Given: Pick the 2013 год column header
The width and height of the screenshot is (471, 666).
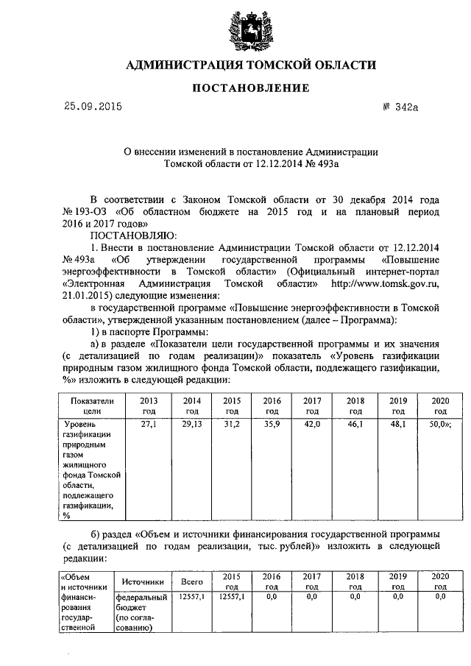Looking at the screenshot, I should [x=149, y=405].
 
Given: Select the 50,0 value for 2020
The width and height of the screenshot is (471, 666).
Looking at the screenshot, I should [x=439, y=425].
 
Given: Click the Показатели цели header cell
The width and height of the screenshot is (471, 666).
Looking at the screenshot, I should [x=93, y=405].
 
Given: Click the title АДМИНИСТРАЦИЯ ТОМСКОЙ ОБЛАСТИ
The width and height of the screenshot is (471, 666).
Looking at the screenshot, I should [x=250, y=65].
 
